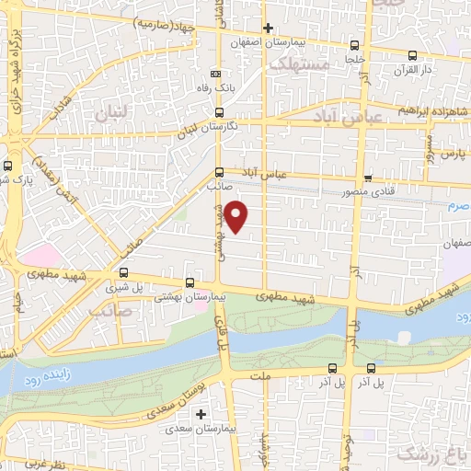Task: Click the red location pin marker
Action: [x=237, y=215]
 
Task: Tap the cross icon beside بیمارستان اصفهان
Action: [x=268, y=28]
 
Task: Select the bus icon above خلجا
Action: [x=355, y=44]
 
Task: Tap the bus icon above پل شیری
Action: [x=124, y=272]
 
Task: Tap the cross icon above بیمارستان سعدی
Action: [x=201, y=414]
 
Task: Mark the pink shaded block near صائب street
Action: [x=38, y=255]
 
